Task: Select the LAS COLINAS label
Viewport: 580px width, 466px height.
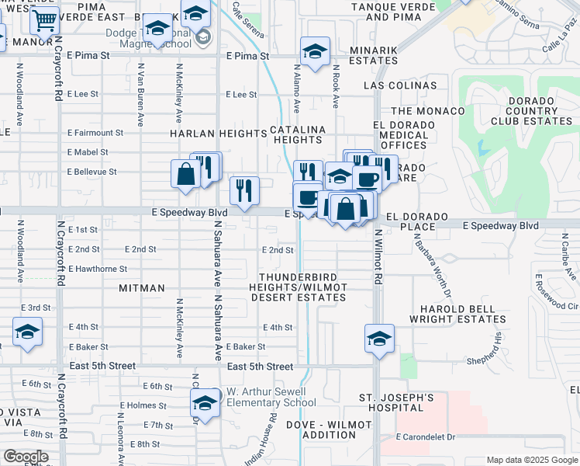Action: point(403,85)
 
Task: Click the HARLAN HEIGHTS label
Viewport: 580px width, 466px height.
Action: point(219,134)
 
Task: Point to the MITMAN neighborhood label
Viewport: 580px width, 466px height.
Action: point(142,288)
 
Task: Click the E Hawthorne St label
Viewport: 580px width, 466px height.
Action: point(98,269)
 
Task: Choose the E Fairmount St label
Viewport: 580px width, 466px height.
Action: point(95,133)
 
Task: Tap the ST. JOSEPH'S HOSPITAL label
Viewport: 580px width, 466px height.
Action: point(396,403)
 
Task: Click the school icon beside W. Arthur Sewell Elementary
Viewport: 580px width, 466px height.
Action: point(205,403)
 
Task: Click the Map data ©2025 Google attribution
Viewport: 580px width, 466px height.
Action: point(532,460)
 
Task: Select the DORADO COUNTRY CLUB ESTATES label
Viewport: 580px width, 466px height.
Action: point(520,110)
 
